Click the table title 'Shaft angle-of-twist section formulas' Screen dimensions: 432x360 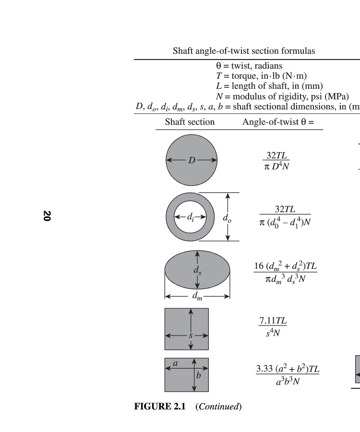pos(244,51)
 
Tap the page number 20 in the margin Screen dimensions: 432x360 pos(47,216)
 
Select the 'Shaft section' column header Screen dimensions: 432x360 pos(190,122)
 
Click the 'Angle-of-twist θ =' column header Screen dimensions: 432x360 pos(278,122)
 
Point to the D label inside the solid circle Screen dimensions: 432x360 pos(192,160)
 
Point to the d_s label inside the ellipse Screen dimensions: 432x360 pos(197,270)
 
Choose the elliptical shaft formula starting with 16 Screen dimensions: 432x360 pos(285,272)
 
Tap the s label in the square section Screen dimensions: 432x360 pos(191,336)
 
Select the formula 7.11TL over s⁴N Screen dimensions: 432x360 pos(273,327)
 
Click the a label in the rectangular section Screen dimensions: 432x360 pos(175,364)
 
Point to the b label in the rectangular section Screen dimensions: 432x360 pos(198,375)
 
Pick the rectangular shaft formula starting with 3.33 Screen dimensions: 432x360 pos(287,375)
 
